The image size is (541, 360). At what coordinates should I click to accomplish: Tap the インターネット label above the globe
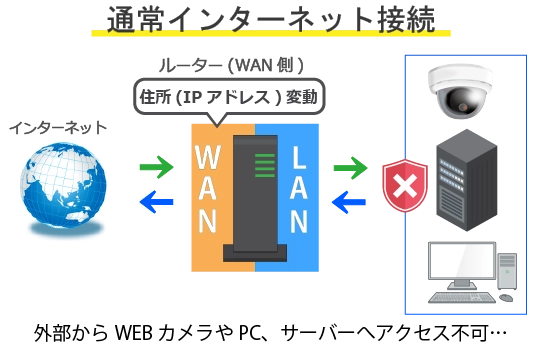(x=57, y=128)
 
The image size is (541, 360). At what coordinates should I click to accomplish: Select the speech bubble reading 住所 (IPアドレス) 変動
(x=227, y=98)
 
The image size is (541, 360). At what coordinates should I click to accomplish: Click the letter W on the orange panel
(x=207, y=158)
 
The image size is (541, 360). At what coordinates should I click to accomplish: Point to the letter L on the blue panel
(x=298, y=157)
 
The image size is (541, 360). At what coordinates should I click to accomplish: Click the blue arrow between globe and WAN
(x=155, y=203)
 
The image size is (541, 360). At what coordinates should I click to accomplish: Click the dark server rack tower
(x=465, y=185)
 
